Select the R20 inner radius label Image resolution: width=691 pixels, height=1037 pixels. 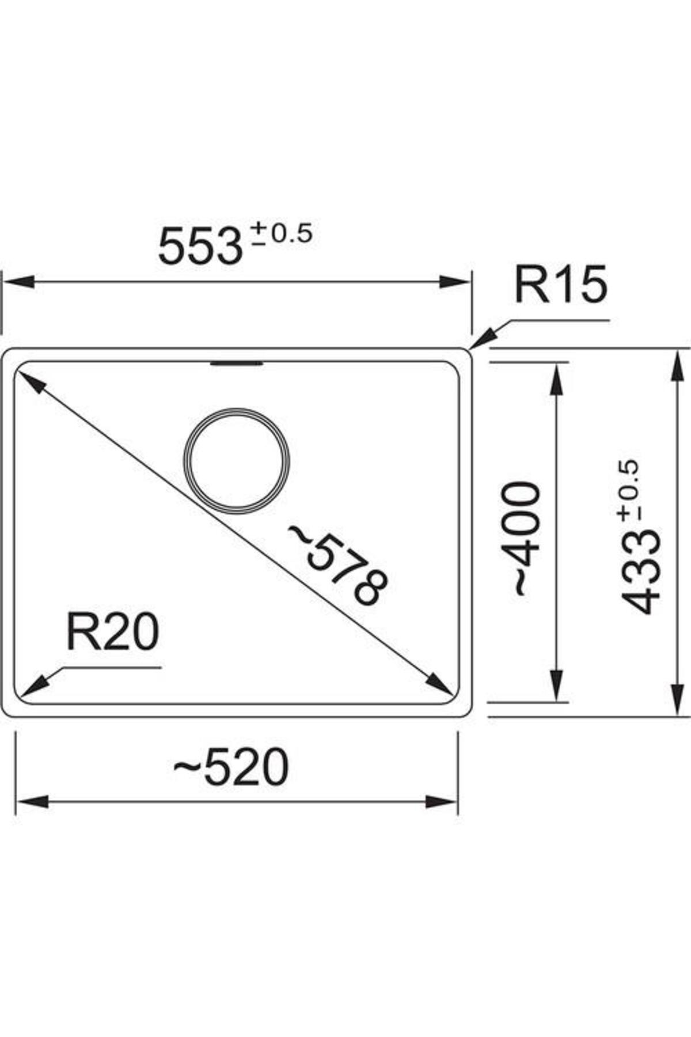pyautogui.click(x=112, y=631)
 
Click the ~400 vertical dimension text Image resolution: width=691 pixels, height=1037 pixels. pyautogui.click(x=522, y=539)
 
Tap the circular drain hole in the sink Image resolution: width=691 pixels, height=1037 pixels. pyautogui.click(x=237, y=461)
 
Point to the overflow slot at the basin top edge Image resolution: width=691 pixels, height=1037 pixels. pyautogui.click(x=237, y=363)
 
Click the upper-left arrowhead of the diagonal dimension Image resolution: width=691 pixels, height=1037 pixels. pyautogui.click(x=30, y=381)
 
